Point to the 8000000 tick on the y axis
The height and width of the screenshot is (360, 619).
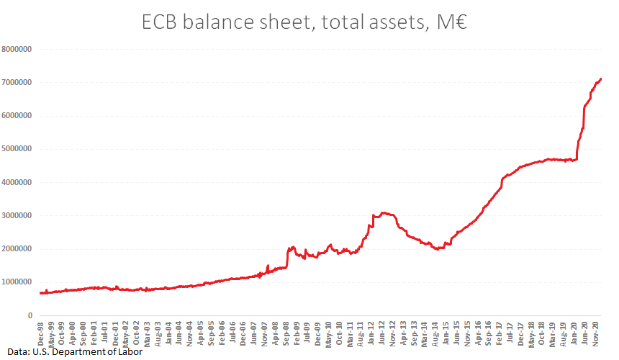click(18, 49)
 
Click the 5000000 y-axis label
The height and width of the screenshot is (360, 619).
click(18, 149)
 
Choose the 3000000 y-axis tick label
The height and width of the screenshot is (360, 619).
click(18, 215)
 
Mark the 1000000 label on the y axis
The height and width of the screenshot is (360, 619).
click(18, 282)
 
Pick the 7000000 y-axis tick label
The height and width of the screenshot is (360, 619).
click(18, 82)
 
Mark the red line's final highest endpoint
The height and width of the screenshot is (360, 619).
click(601, 78)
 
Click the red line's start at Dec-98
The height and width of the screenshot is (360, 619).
click(40, 293)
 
